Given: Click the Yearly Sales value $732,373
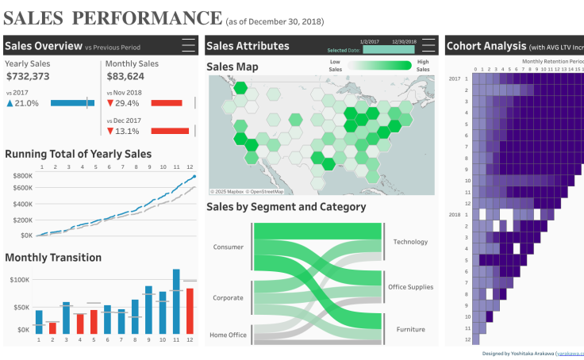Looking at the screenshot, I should click(28, 77).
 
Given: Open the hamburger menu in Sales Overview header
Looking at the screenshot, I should click(188, 46).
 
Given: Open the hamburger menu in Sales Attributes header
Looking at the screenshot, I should click(429, 46).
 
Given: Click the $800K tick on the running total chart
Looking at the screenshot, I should click(21, 175).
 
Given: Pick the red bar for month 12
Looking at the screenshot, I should click(190, 310).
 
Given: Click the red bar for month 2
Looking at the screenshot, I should click(52, 327).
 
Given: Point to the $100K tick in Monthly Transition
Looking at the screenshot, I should click(19, 280).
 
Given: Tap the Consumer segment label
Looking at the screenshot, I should click(229, 247).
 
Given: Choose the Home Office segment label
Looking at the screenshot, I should click(228, 335).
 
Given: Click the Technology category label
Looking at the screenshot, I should click(410, 242).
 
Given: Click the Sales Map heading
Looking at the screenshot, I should click(232, 67).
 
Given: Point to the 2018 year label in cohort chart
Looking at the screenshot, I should click(455, 215).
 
